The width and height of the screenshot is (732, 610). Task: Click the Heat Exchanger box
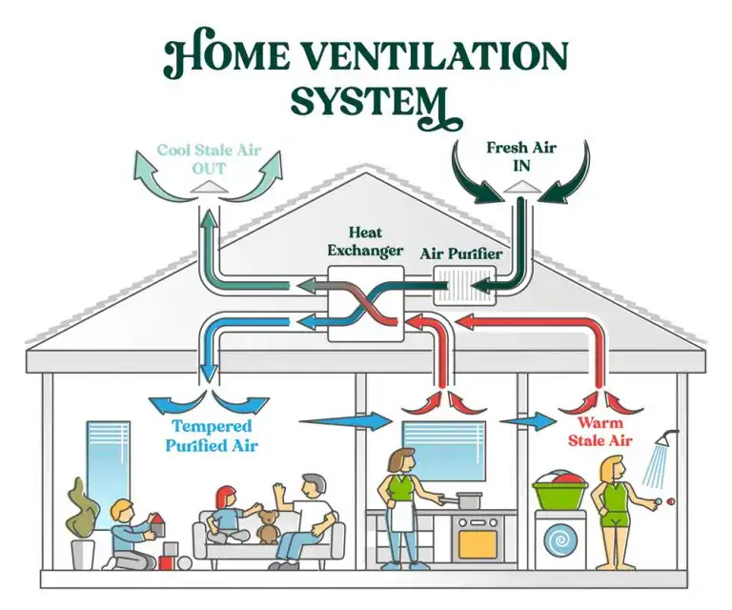tap(366, 303)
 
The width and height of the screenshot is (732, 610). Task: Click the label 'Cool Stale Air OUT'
tap(208, 158)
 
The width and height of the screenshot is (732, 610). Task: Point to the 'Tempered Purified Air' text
tap(211, 436)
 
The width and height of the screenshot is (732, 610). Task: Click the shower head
tap(670, 438)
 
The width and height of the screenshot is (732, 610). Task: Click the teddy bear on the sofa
tap(269, 522)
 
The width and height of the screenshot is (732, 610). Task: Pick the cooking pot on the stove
tap(468, 499)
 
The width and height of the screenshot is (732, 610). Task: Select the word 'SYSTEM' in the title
tap(370, 101)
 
